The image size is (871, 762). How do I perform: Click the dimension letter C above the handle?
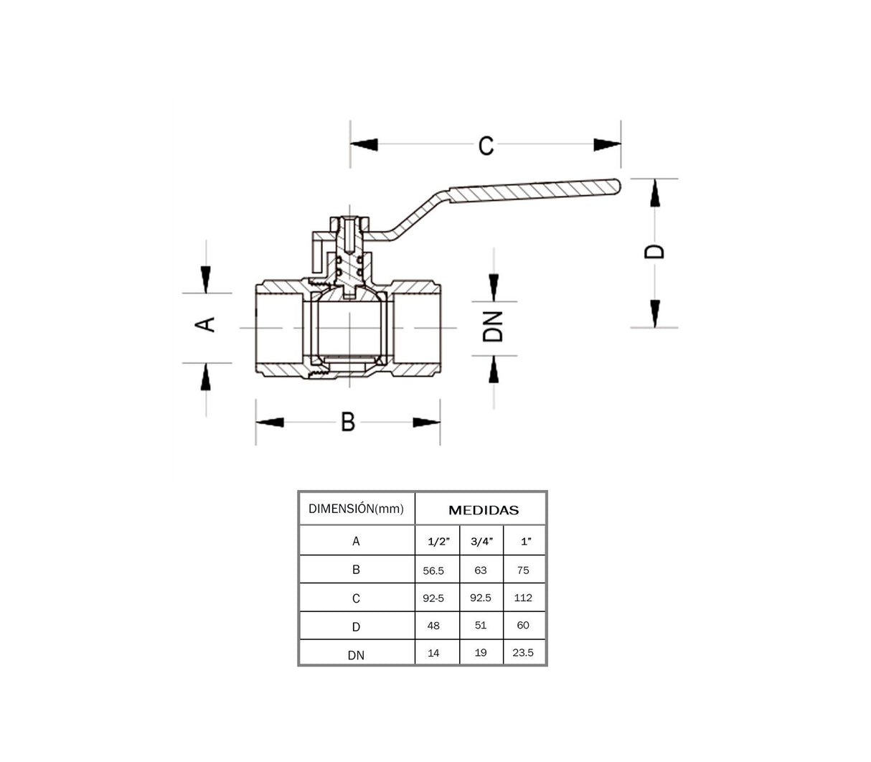(x=486, y=146)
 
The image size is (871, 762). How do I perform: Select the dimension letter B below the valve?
(x=348, y=422)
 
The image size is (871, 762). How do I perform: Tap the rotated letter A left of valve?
(x=206, y=324)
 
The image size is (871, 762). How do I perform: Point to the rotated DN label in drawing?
(x=493, y=326)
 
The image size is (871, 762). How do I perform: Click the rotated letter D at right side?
(x=654, y=251)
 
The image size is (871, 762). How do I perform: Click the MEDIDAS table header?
(x=483, y=510)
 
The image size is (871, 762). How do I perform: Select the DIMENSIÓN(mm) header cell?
(x=356, y=509)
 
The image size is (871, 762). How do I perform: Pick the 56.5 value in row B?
(x=433, y=570)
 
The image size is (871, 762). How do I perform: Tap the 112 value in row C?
(x=523, y=597)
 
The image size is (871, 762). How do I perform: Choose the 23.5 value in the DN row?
(x=523, y=653)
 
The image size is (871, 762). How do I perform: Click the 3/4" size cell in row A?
(x=481, y=542)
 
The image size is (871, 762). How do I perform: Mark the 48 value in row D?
(x=433, y=626)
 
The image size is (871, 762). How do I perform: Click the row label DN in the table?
(x=356, y=655)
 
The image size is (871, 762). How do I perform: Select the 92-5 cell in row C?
(x=433, y=598)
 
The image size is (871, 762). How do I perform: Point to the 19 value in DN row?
(x=481, y=653)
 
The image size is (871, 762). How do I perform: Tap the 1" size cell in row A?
(x=526, y=542)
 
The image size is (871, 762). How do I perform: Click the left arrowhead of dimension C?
(x=364, y=145)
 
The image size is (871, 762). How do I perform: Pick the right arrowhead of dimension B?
(x=426, y=423)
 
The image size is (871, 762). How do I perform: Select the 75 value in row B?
(x=523, y=570)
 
